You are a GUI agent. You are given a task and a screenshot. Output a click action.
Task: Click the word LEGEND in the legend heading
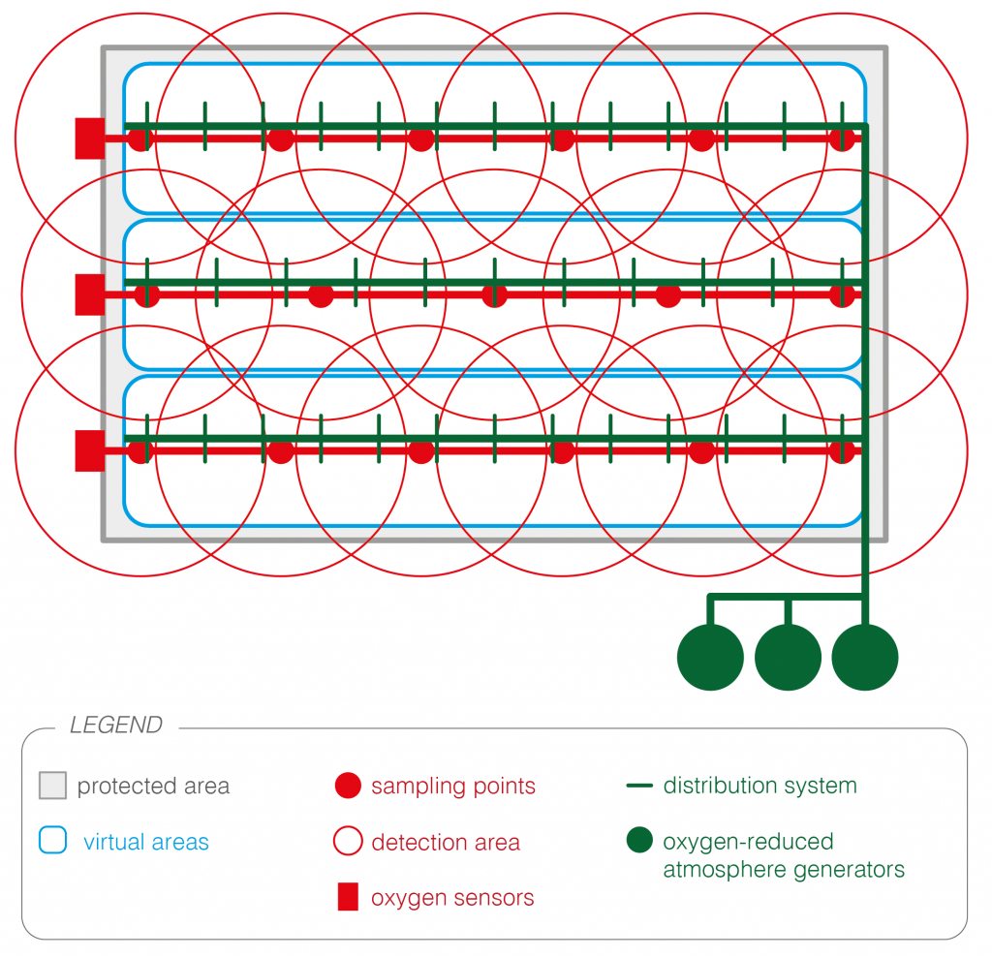pos(116,726)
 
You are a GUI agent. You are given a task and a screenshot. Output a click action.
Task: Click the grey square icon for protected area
pos(52,786)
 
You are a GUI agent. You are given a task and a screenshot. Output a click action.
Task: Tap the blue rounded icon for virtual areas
pos(52,840)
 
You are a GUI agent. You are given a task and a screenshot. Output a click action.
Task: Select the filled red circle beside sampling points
pos(348,786)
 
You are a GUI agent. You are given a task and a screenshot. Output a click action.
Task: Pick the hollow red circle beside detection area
pos(348,842)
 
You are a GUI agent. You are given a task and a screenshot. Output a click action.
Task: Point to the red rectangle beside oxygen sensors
pos(348,898)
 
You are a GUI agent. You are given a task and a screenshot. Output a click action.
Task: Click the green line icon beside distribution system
pos(639,786)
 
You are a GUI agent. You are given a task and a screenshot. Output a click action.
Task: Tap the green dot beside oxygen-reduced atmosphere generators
pos(639,841)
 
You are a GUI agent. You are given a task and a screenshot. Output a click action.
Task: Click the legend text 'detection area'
pos(446,843)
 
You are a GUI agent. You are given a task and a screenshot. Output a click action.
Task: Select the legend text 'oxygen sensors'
pos(452,898)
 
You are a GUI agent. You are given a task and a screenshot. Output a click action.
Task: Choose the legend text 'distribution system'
pos(760,786)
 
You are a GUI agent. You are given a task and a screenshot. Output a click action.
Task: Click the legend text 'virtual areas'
pos(146,842)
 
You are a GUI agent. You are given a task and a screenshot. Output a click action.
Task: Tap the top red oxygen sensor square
pos(90,139)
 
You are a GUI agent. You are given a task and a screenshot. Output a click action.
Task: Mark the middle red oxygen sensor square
pos(90,294)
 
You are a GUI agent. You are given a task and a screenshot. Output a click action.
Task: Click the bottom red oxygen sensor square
pos(90,450)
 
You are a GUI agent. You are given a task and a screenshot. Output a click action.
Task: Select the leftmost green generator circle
pos(710,658)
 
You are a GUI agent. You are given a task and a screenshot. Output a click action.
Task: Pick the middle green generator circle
pos(788,658)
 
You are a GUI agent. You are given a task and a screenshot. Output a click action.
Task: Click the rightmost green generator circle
pos(865,658)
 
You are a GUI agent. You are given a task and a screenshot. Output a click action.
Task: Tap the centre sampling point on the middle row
pos(494,294)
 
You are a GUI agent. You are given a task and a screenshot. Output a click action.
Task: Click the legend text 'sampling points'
pos(453,786)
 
